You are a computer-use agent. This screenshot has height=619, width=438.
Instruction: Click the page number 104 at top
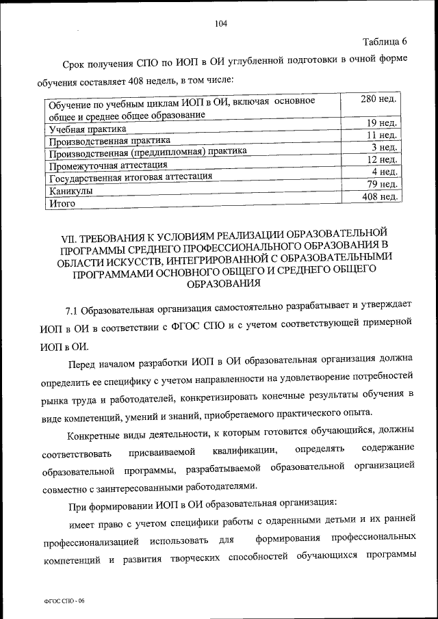coord(220,24)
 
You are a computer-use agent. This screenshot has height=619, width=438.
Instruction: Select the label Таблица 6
coord(383,41)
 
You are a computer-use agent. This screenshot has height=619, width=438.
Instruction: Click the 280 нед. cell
coord(378,100)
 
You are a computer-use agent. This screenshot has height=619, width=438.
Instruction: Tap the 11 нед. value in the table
coord(382,135)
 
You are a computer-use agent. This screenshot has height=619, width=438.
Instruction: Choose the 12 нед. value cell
coord(382,159)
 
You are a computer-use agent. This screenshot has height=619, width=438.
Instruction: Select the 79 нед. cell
coord(382,184)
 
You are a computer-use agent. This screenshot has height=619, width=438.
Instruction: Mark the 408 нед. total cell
coord(379,197)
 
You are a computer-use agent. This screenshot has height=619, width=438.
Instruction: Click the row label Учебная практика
coord(87,130)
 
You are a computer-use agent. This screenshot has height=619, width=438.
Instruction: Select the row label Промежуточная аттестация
coord(108,166)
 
